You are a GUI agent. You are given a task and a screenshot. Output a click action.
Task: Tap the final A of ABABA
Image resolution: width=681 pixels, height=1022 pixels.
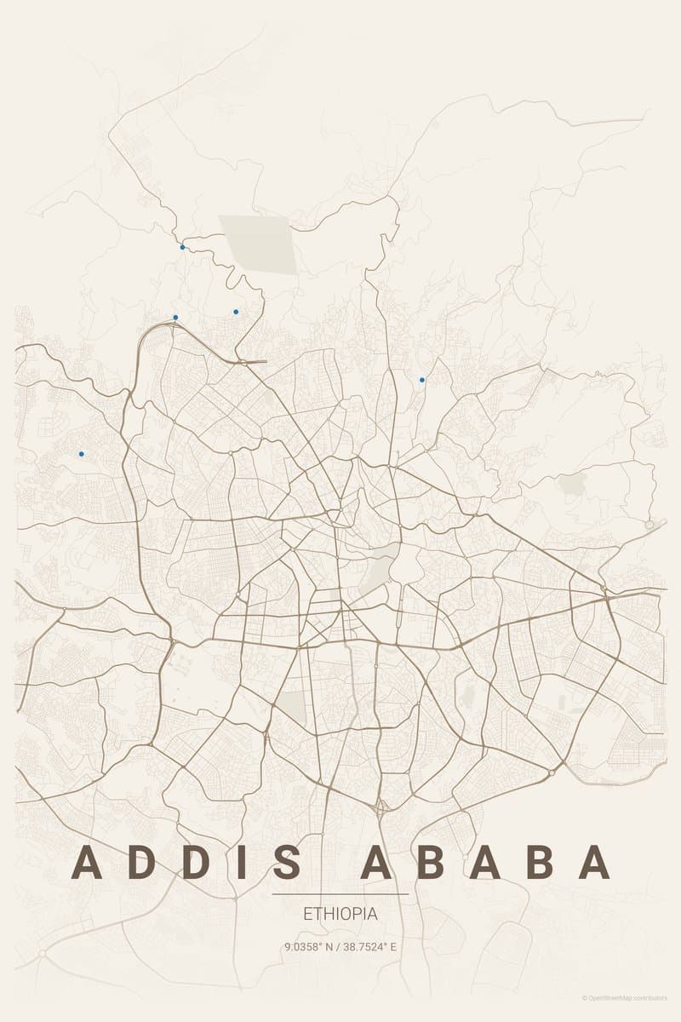coord(594,863)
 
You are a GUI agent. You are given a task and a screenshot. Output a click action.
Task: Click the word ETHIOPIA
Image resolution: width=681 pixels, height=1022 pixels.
coord(340,914)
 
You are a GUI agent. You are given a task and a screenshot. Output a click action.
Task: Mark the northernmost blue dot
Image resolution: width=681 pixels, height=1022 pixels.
coord(182,248)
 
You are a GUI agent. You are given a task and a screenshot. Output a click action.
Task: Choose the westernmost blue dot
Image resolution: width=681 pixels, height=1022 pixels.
coord(82,454)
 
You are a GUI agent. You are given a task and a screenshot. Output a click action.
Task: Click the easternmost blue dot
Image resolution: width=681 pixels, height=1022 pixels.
coord(422,380)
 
